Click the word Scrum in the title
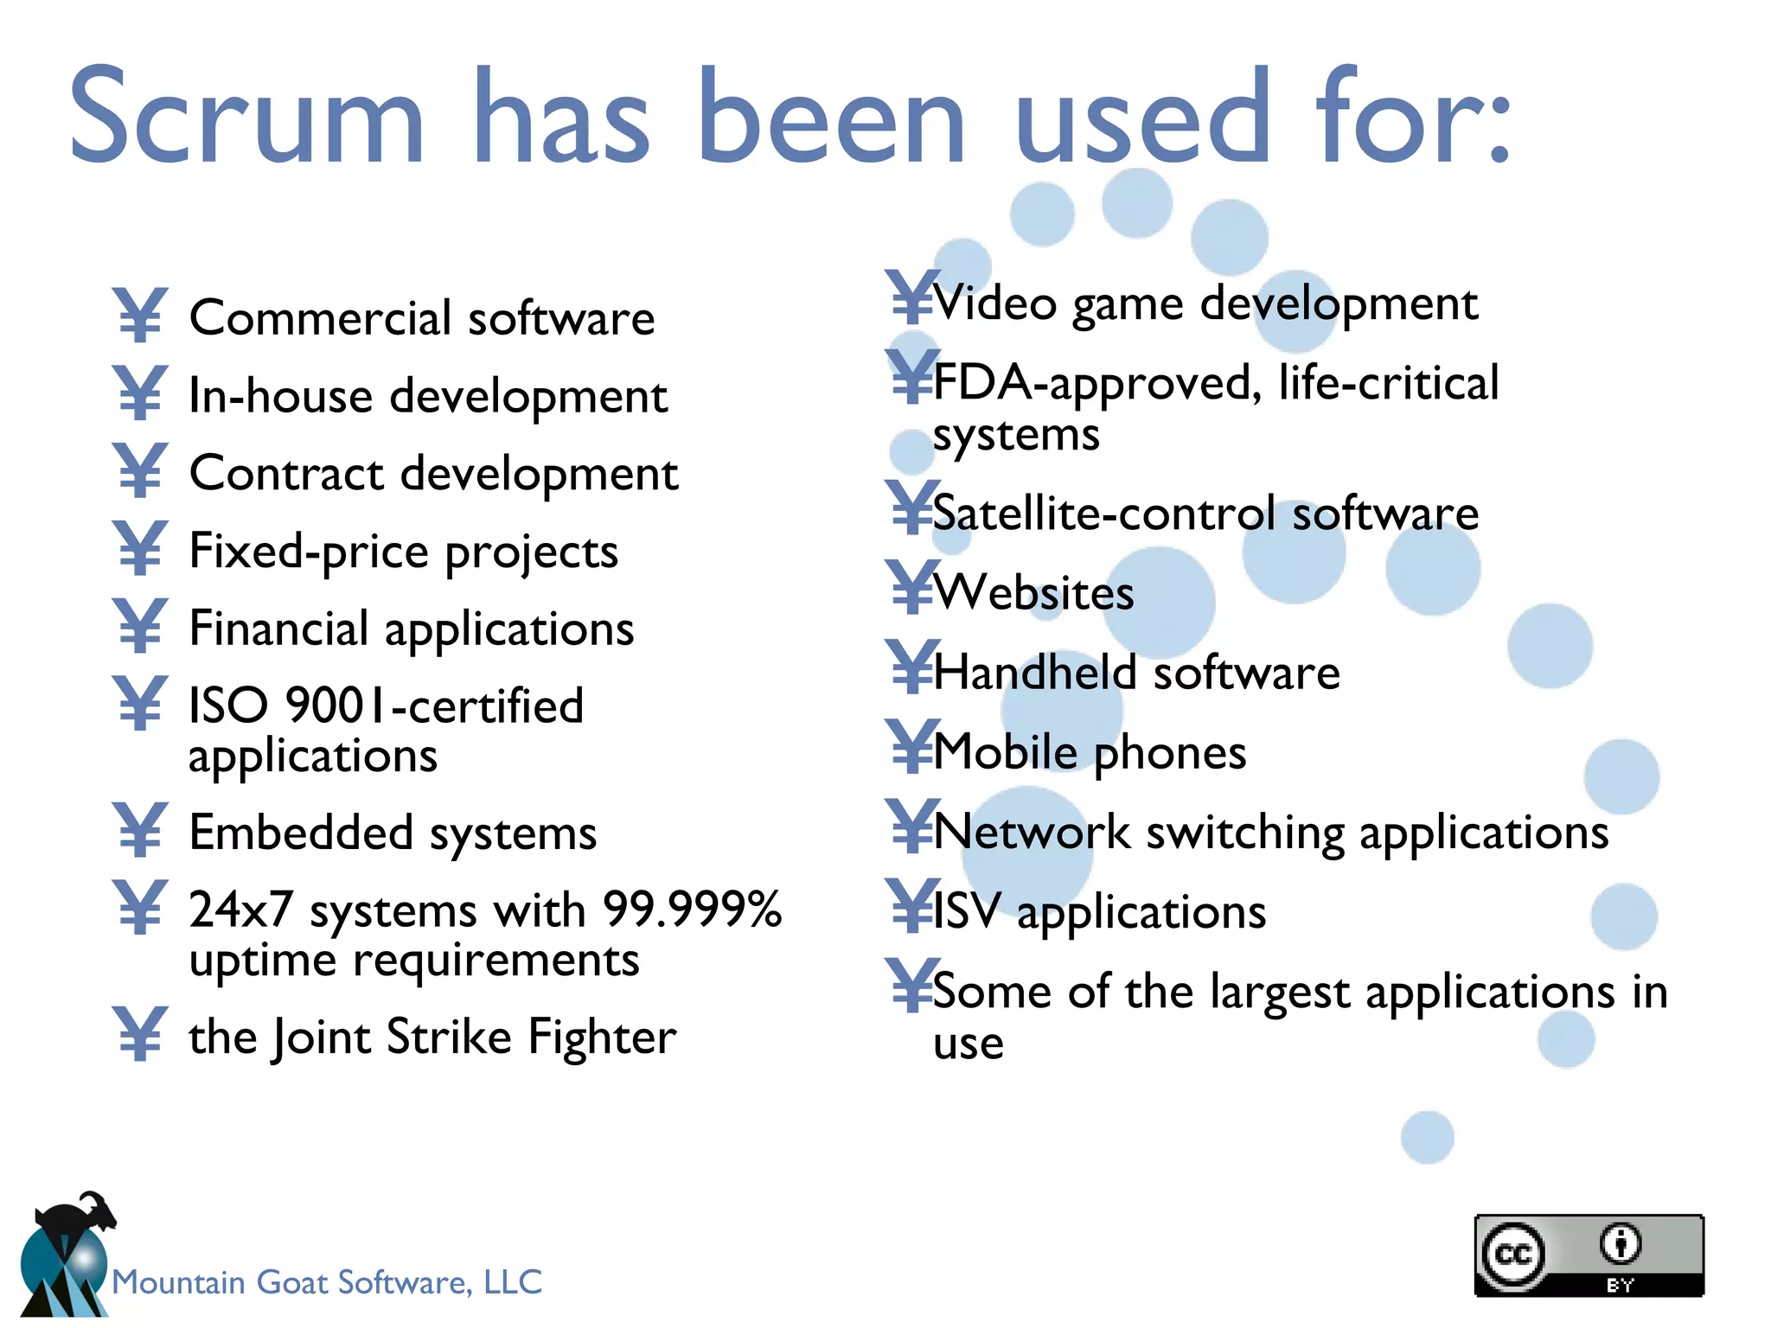(x=246, y=117)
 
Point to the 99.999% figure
(x=692, y=910)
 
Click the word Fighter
(x=602, y=1037)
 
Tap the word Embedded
(x=301, y=833)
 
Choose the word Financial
(x=278, y=629)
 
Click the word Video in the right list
(x=994, y=303)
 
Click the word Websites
(x=1034, y=593)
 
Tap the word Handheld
(x=1034, y=673)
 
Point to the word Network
(x=1032, y=833)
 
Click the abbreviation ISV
(x=967, y=912)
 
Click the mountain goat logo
(x=65, y=1254)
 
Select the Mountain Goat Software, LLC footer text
(x=327, y=1282)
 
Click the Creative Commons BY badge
(x=1589, y=1255)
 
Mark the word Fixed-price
(x=309, y=552)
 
